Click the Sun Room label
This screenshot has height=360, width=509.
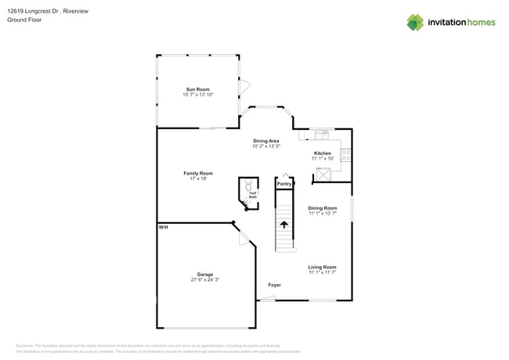198,89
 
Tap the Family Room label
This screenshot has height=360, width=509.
198,173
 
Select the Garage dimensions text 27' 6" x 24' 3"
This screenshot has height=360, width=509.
205,279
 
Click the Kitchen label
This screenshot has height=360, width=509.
323,153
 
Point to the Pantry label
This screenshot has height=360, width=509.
284,184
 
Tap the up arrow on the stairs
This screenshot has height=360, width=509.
284,224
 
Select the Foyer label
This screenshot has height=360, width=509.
274,285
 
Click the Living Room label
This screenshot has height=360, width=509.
322,267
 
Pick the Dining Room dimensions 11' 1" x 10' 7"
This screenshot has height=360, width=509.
322,213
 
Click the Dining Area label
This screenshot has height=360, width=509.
266,141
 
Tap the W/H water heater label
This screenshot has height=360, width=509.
164,227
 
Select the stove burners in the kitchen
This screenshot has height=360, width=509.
345,155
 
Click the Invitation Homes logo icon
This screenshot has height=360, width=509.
415,22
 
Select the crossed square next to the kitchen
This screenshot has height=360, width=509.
323,175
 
